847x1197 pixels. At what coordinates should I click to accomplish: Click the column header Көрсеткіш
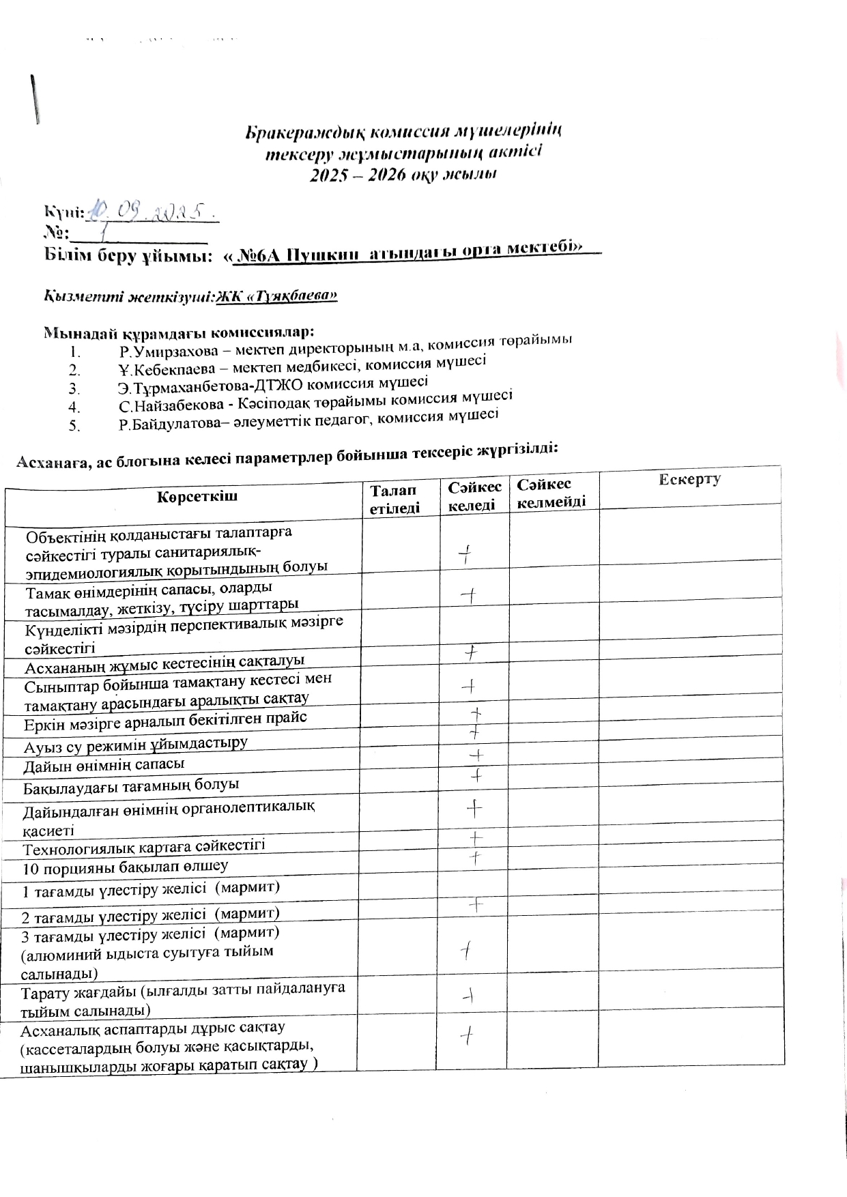197,496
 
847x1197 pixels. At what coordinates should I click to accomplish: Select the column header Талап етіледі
394,498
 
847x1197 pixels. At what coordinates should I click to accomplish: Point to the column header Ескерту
689,479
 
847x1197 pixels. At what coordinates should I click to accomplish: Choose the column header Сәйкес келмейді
551,493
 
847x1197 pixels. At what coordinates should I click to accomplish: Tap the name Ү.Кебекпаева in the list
159,370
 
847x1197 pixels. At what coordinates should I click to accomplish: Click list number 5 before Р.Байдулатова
74,427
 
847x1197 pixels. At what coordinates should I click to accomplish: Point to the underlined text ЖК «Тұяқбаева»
276,296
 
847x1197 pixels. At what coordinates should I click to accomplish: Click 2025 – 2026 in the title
359,175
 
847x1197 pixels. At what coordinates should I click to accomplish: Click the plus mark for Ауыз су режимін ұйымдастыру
475,734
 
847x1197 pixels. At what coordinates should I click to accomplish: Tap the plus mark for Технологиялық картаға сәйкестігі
476,837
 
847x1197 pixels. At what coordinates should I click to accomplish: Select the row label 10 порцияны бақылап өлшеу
126,868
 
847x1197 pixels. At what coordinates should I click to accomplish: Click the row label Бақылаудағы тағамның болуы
131,786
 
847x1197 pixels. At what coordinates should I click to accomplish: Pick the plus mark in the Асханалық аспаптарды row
468,1036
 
